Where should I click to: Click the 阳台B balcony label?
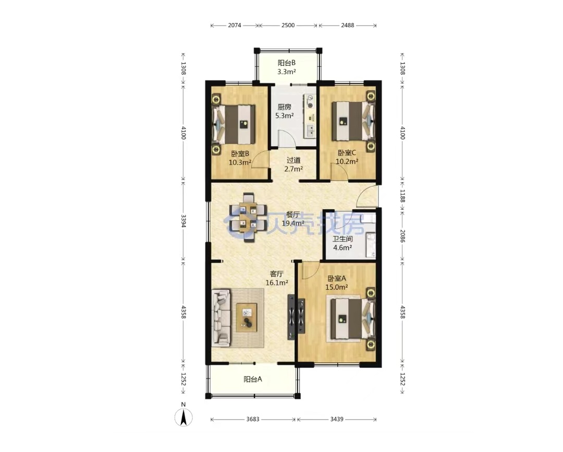[x=286, y=67]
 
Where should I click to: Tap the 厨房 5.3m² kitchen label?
[x=285, y=111]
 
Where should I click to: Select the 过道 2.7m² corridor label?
[x=293, y=164]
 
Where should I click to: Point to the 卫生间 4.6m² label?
[x=342, y=243]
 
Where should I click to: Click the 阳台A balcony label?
[x=253, y=379]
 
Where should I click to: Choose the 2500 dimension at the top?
[x=288, y=25]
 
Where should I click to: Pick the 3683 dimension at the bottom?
[x=253, y=419]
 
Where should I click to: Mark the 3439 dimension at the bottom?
[x=337, y=419]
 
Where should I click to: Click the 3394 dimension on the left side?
[x=183, y=221]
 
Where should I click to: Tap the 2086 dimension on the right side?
[x=402, y=236]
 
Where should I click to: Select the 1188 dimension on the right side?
[x=402, y=196]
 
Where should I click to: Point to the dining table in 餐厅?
[x=248, y=217]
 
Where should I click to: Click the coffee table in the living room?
[x=247, y=317]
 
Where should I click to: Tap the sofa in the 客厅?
[x=221, y=318]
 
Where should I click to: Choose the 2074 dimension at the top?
[x=235, y=25]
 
